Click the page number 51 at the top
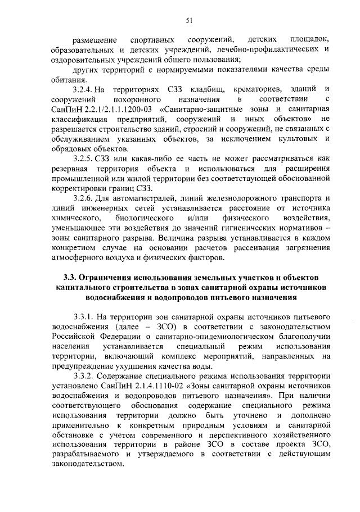tap(190, 21)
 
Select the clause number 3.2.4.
tap(83, 89)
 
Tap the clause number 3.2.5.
tap(83, 159)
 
